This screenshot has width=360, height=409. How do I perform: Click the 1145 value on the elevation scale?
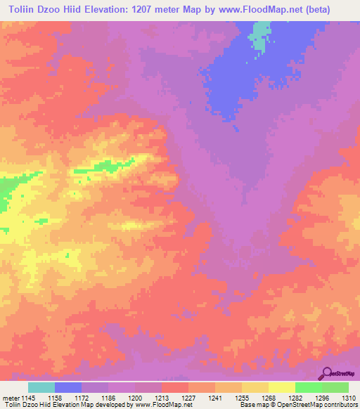(x=21, y=397)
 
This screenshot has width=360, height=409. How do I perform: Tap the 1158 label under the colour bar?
(x=53, y=397)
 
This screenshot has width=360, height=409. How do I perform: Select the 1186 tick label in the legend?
(x=108, y=397)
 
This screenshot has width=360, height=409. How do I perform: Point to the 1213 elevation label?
(x=161, y=397)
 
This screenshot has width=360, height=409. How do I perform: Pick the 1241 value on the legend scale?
(x=214, y=397)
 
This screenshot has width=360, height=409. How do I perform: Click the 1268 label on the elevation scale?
(x=268, y=397)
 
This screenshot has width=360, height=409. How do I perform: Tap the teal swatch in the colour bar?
(x=41, y=387)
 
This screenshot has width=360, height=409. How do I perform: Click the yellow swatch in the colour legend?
(x=281, y=387)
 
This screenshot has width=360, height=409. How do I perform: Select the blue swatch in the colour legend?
(x=68, y=387)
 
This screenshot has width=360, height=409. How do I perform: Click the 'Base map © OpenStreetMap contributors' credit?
(x=297, y=405)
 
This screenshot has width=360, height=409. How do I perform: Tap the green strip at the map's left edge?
(x=6, y=193)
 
